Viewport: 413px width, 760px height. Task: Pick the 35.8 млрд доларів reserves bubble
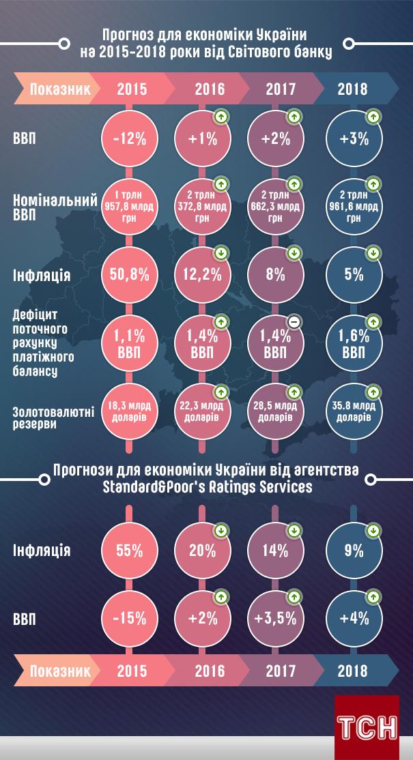click(353, 411)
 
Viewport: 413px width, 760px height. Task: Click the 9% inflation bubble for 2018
click(353, 550)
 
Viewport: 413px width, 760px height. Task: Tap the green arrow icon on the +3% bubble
click(373, 117)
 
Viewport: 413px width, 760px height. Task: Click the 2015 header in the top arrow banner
click(132, 89)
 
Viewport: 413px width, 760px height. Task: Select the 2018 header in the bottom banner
click(352, 671)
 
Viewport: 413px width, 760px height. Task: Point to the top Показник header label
click(60, 89)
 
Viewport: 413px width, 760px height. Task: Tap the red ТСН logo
click(367, 727)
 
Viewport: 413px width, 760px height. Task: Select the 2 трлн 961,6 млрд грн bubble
click(353, 207)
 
